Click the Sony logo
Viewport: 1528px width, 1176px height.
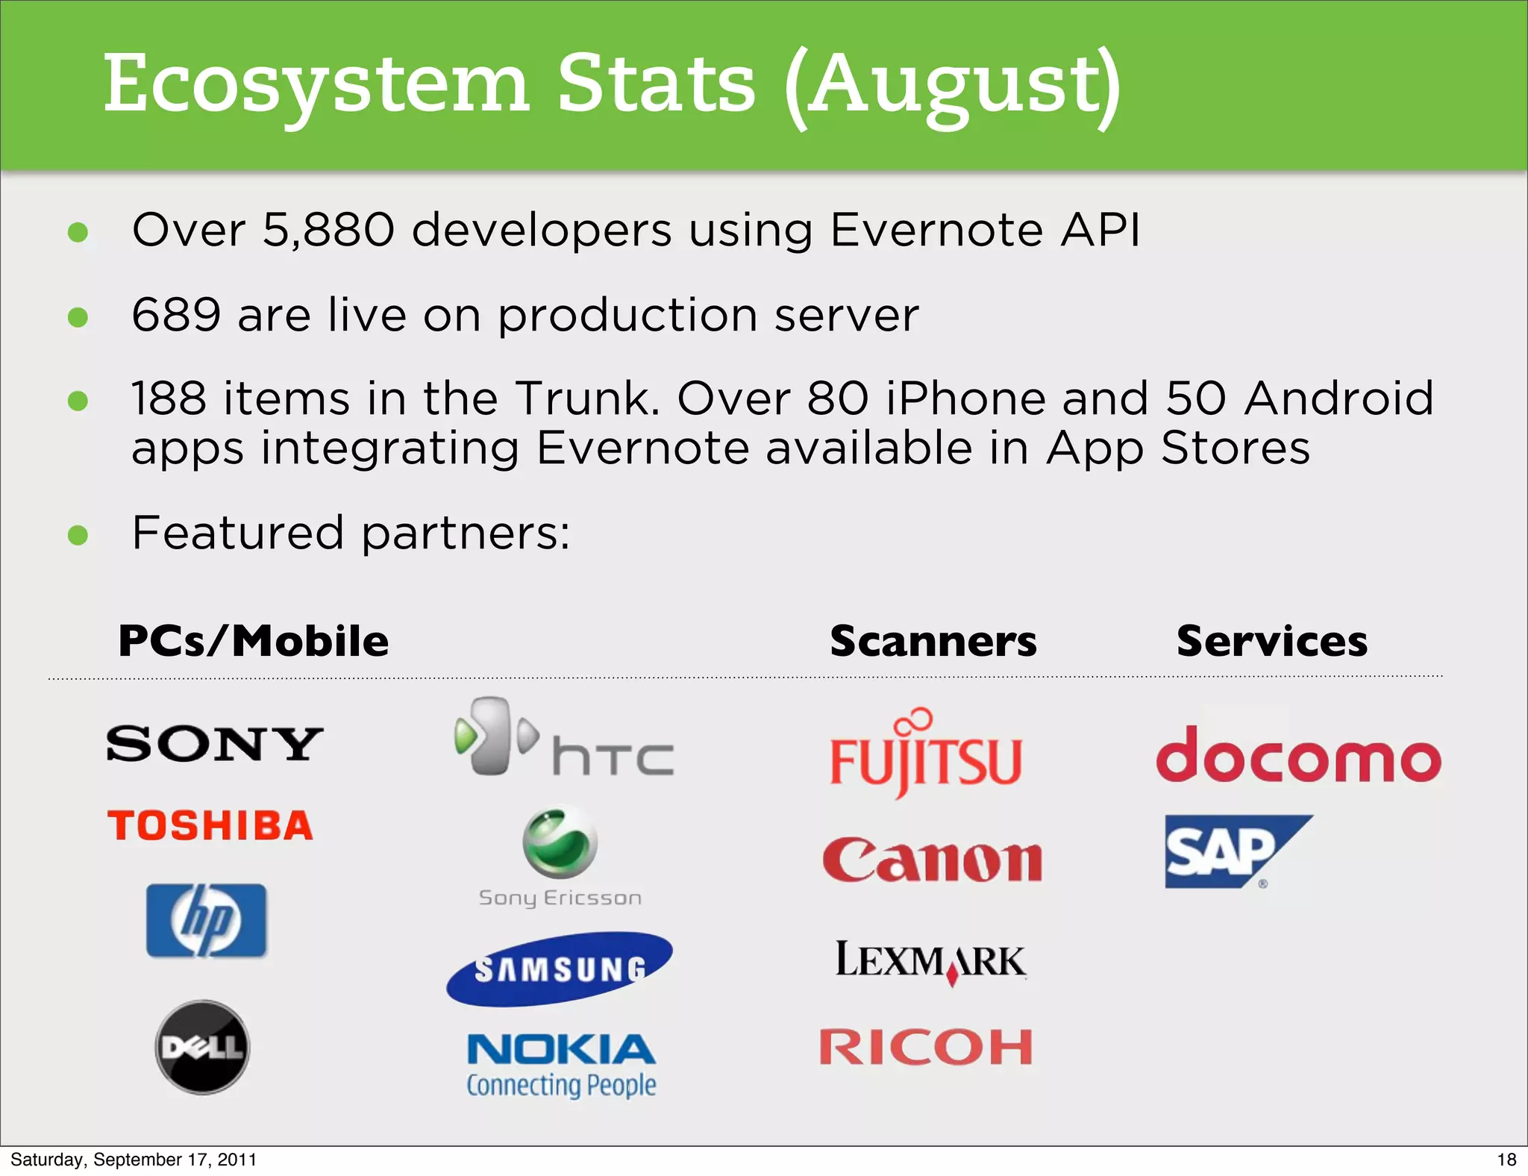pos(215,744)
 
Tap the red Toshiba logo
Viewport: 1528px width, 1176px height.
pos(210,826)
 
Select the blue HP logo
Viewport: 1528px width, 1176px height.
pos(206,921)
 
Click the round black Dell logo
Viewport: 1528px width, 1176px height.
pos(202,1048)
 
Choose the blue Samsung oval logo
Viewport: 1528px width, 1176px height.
pos(560,969)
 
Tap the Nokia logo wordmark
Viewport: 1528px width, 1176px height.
pos(561,1049)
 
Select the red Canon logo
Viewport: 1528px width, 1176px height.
pos(933,860)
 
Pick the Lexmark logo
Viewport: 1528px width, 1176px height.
pos(930,961)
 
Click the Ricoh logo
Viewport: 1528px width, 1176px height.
pos(926,1047)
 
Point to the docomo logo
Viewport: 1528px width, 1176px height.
pos(1298,755)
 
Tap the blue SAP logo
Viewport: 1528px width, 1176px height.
pos(1231,851)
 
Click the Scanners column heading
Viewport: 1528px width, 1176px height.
pos(933,641)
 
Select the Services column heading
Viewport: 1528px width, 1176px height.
pos(1272,641)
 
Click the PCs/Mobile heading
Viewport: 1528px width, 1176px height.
pos(254,641)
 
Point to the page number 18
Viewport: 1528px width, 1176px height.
pos(1506,1160)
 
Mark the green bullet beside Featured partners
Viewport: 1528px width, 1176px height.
pos(78,535)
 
